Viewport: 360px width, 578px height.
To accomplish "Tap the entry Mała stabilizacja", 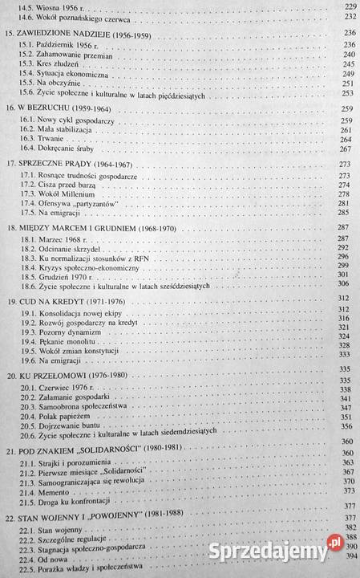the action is pyautogui.click(x=71, y=128).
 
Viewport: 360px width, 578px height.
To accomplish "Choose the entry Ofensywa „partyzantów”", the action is pyautogui.click(x=84, y=204).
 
